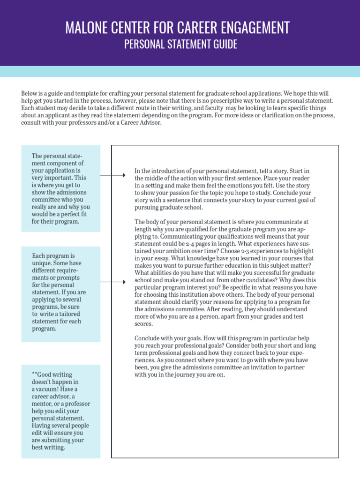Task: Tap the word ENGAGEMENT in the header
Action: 256,28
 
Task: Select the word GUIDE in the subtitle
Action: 226,45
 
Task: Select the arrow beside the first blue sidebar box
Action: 113,175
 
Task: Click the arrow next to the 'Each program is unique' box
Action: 113,282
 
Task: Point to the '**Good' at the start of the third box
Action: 41,375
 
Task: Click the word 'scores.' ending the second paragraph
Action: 143,324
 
